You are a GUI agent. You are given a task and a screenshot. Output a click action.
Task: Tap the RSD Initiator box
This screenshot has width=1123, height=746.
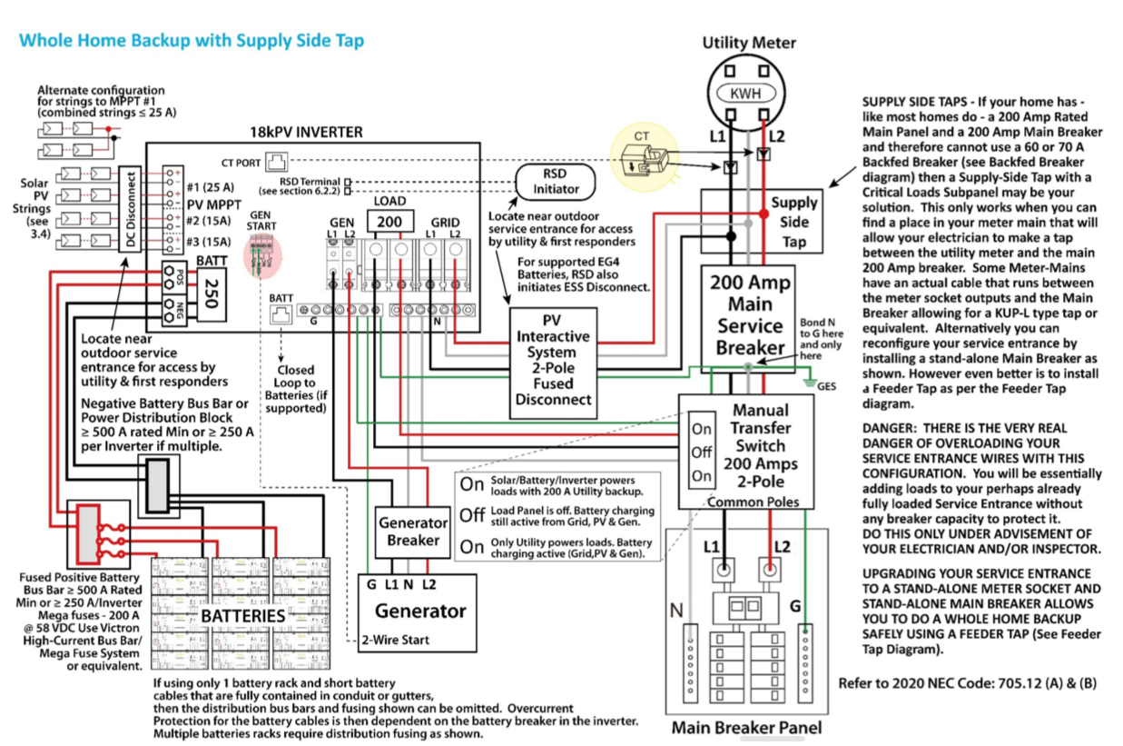(555, 183)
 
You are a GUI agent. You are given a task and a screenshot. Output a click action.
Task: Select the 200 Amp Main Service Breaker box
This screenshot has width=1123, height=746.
(749, 314)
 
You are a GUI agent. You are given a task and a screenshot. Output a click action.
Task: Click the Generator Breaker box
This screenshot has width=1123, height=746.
(413, 532)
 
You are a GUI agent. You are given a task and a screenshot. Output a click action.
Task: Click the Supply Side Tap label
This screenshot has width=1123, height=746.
(793, 222)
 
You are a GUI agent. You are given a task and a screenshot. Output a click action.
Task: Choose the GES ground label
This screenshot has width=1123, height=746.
(826, 385)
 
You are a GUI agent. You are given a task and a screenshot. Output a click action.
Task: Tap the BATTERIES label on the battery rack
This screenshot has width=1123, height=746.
(243, 616)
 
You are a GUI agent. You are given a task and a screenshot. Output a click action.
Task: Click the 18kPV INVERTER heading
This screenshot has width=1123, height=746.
(306, 133)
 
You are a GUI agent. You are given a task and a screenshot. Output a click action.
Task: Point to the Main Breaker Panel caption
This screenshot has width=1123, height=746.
(746, 727)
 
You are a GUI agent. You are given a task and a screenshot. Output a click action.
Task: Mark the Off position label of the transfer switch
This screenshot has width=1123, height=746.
(700, 452)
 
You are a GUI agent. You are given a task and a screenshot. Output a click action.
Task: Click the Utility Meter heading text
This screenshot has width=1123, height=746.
(749, 43)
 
